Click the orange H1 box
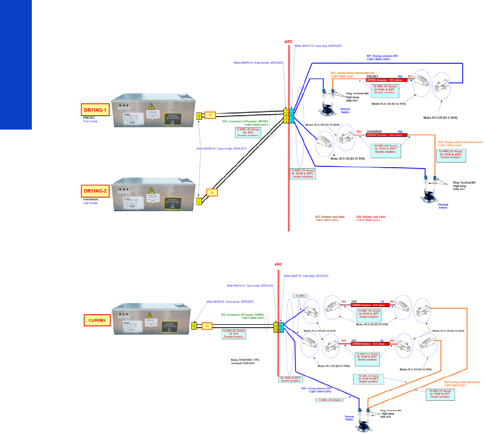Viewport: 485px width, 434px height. [210, 115]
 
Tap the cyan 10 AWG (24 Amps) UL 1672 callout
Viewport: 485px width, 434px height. [244, 333]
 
